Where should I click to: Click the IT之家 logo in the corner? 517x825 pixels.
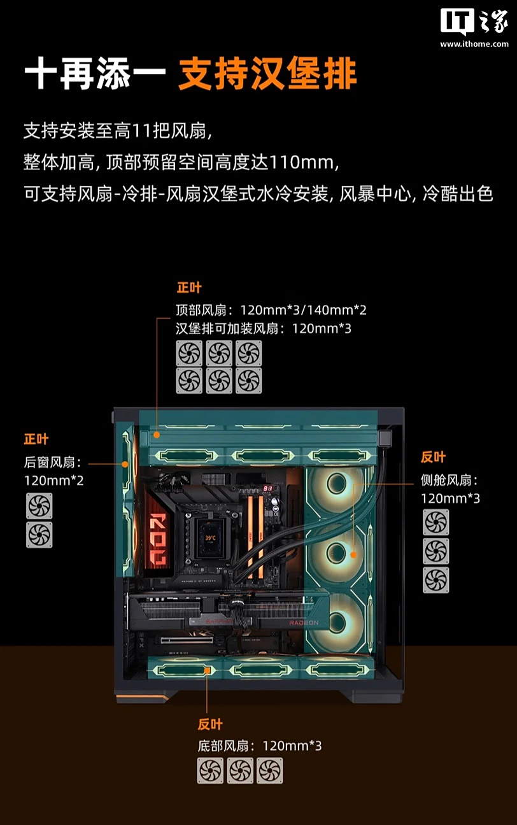(474, 22)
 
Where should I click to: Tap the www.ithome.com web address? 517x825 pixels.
(474, 44)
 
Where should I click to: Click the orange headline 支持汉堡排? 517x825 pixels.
(268, 74)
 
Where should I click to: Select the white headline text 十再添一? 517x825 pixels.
(95, 74)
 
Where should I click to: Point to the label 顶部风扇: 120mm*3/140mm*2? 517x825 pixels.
(271, 310)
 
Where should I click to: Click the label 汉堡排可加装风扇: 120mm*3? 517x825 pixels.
(264, 328)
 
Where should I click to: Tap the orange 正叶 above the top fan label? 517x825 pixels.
(189, 288)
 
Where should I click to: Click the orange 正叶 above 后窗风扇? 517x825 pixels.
(36, 439)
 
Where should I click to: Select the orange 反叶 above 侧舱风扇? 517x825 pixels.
(434, 457)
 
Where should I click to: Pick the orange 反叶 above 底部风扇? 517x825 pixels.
(210, 724)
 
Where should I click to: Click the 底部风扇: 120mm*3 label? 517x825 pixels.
(260, 746)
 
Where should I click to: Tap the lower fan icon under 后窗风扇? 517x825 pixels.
(39, 535)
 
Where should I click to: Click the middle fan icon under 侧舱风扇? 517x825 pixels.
(436, 551)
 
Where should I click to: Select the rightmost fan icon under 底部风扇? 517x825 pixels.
(270, 770)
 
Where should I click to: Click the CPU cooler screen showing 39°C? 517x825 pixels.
(209, 537)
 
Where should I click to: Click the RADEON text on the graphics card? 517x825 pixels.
(304, 623)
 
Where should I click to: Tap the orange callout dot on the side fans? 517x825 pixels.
(353, 554)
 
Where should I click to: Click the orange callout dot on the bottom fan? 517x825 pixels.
(207, 670)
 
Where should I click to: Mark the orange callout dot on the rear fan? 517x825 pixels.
(125, 464)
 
